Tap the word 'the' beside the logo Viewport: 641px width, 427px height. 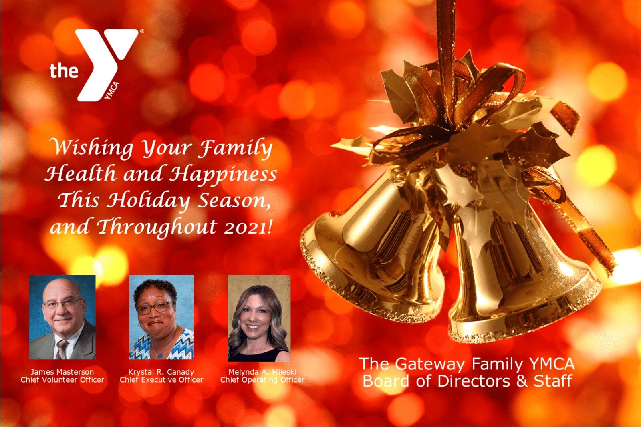[x=64, y=70]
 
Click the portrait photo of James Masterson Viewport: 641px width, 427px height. [x=62, y=317]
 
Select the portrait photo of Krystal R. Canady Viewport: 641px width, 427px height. [x=161, y=317]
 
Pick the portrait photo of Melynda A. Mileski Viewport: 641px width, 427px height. [x=259, y=318]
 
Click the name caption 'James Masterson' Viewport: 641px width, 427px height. [x=62, y=372]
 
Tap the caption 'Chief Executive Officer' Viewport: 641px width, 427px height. [x=161, y=380]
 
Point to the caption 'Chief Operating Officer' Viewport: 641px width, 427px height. [x=262, y=380]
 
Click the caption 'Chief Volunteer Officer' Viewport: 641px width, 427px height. [x=62, y=380]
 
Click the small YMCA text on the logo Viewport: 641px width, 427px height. [x=112, y=91]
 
